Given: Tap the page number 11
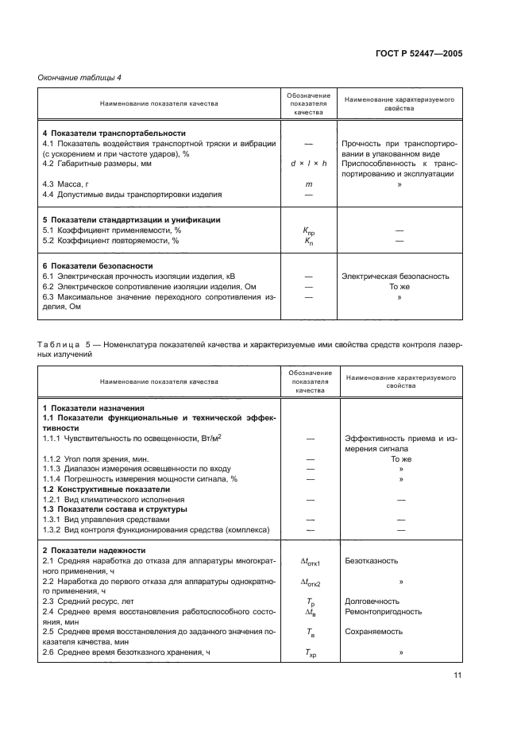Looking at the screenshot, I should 457,675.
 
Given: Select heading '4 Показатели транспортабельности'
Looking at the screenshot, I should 114,133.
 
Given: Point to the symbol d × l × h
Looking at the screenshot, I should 303,163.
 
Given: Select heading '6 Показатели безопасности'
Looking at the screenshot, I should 97,265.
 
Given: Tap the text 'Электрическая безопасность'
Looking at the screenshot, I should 395,277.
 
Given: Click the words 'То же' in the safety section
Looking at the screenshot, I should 399,287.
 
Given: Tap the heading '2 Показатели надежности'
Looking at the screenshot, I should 94,549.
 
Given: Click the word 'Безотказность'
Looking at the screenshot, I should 371,560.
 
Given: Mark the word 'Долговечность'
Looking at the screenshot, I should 372,602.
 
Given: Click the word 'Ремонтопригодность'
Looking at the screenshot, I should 383,612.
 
